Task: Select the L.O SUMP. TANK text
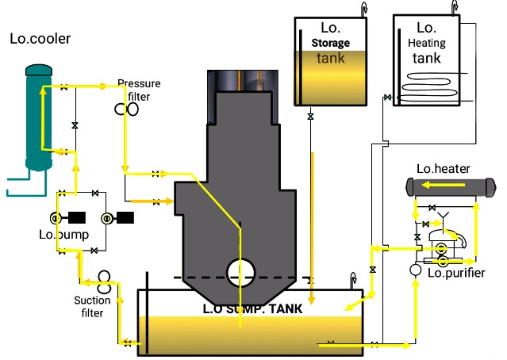(x=251, y=308)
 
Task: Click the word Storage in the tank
(x=330, y=43)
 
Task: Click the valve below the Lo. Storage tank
(x=309, y=117)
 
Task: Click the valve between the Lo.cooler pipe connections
(x=75, y=125)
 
